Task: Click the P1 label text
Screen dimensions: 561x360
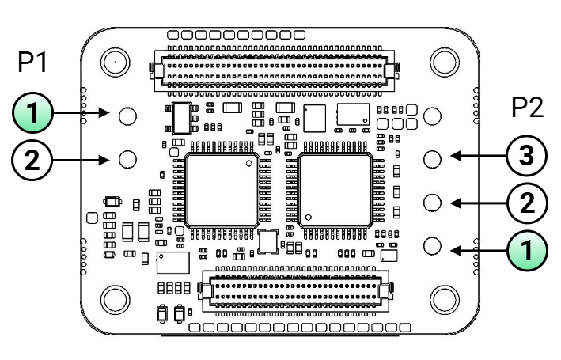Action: click(x=32, y=62)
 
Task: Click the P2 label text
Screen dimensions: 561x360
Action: click(x=527, y=107)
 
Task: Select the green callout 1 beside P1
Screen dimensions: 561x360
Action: click(x=32, y=112)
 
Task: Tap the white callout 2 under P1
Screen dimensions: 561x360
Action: click(x=32, y=161)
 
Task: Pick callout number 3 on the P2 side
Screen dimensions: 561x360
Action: click(x=527, y=155)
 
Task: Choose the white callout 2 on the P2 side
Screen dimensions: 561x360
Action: click(x=527, y=203)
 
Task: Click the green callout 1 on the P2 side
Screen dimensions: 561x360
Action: click(x=527, y=250)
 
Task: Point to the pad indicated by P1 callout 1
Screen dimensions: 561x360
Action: click(x=127, y=116)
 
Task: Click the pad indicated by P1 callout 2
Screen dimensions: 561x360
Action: click(x=127, y=159)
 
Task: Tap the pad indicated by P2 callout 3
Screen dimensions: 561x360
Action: click(x=432, y=159)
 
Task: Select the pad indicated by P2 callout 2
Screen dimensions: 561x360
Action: click(x=432, y=203)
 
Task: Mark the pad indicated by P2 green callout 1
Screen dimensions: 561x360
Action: click(x=432, y=245)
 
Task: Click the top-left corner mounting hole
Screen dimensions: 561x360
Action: click(x=116, y=62)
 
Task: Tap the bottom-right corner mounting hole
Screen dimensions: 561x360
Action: click(x=445, y=300)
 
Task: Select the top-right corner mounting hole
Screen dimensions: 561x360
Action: click(x=445, y=62)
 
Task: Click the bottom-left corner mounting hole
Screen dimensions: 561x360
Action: click(x=116, y=300)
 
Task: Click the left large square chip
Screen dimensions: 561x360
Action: click(x=222, y=191)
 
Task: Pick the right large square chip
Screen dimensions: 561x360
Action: click(x=335, y=191)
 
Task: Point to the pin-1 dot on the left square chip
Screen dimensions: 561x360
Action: click(x=249, y=164)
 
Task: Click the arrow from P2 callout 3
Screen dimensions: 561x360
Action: click(x=479, y=156)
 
